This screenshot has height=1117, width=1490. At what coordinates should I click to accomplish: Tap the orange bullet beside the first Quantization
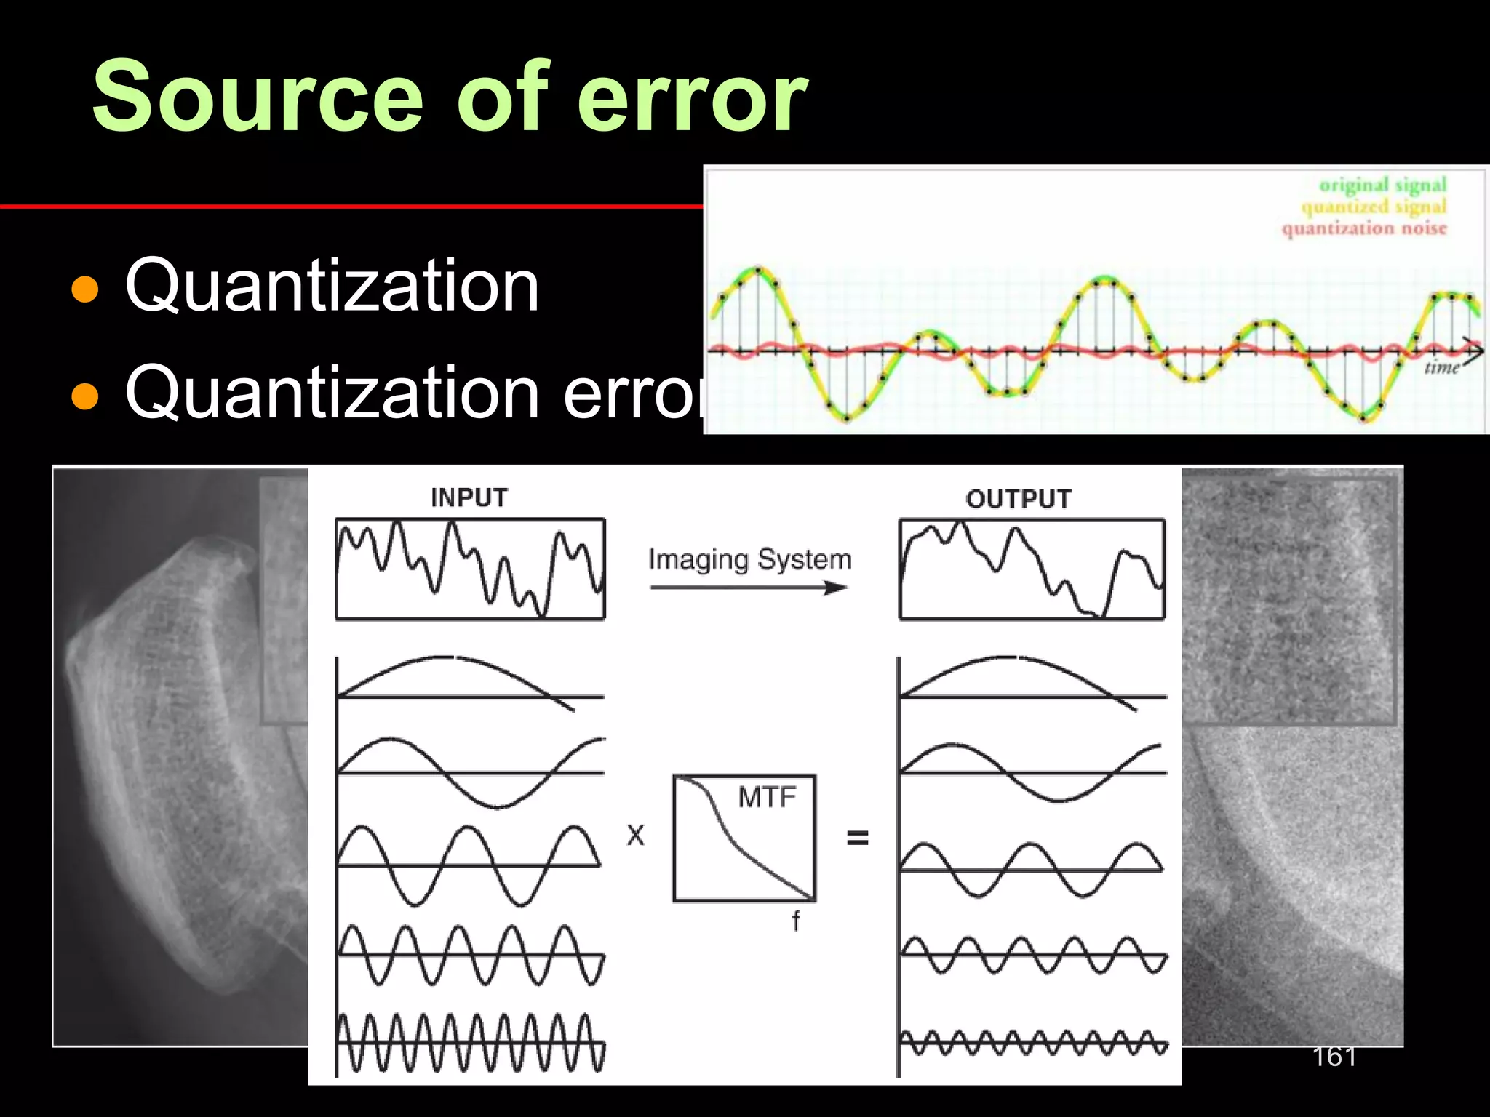coord(85,289)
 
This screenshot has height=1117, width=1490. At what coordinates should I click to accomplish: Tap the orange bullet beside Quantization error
coord(85,396)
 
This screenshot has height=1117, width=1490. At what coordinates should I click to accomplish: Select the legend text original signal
coord(1382,185)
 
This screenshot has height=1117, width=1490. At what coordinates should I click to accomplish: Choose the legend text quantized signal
coord(1374,207)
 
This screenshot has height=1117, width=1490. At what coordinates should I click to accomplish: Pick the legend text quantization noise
coord(1364,228)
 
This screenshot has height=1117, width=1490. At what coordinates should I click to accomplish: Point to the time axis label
coord(1441,367)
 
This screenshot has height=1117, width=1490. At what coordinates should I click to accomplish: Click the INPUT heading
coord(469,498)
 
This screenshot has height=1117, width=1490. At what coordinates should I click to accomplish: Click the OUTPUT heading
coord(1019,500)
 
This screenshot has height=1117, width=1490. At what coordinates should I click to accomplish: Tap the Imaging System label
coord(749,559)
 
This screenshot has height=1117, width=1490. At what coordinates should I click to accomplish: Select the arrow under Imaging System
coord(749,588)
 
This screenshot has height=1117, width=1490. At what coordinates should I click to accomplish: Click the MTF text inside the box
coord(767,798)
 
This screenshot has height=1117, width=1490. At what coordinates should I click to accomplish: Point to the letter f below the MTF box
coord(796,921)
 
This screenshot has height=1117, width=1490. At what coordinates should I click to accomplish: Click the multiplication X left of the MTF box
coord(636,836)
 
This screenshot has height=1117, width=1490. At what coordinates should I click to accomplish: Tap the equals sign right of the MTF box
coord(858,838)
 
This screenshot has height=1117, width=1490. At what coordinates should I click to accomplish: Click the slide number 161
coord(1334,1057)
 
